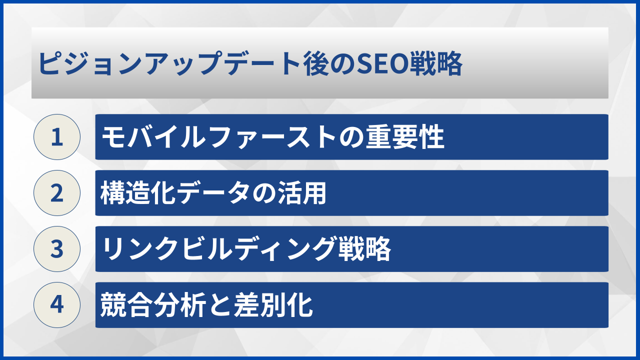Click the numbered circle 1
point(57,137)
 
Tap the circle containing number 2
point(57,193)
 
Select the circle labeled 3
point(57,249)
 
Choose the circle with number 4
point(57,305)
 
